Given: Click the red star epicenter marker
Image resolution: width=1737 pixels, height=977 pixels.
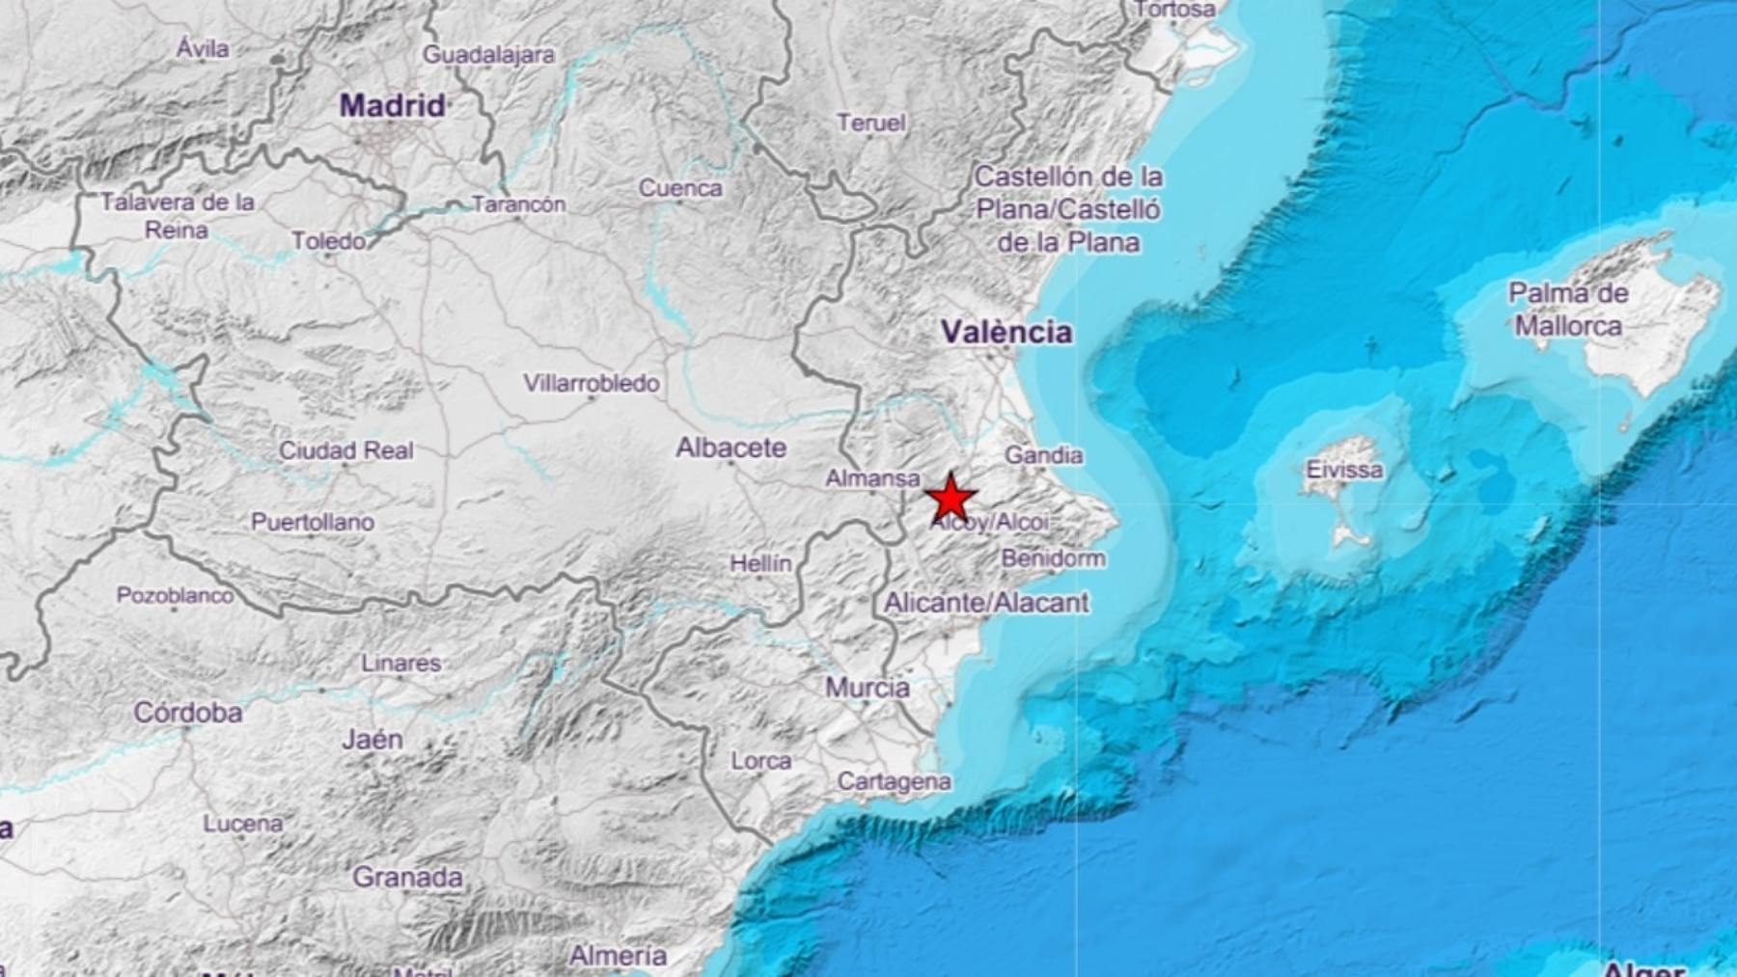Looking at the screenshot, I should (951, 499).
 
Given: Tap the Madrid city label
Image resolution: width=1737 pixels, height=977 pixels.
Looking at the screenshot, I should (392, 105).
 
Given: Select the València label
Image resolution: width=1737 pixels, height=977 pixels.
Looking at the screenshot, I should (1006, 332).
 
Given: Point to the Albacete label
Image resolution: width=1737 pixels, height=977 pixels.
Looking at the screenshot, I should (731, 448).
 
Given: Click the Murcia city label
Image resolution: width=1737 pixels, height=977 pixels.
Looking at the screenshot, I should (867, 688).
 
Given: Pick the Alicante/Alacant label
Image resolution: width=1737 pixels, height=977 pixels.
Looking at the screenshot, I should (986, 603).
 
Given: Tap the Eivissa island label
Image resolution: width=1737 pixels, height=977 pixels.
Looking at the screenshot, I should (1343, 470).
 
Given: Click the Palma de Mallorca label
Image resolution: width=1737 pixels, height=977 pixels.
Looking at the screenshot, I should (1568, 310).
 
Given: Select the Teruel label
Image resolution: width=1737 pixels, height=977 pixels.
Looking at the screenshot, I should (870, 122).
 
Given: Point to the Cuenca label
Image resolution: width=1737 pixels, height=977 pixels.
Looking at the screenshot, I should (679, 188).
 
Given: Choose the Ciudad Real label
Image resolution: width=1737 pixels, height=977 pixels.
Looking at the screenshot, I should (345, 450).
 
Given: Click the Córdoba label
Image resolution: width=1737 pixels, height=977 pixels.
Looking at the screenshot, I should (187, 713).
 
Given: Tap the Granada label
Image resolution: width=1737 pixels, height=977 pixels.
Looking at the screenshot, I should (406, 878).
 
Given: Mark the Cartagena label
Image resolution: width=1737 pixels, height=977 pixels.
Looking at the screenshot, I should (894, 781).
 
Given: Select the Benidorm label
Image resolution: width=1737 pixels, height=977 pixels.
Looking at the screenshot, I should (1053, 558).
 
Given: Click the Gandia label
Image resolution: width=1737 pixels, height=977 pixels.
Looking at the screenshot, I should (1043, 454).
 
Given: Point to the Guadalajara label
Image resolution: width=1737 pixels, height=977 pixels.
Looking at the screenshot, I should (488, 55).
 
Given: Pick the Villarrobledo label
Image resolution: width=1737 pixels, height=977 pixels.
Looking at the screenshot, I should (592, 383).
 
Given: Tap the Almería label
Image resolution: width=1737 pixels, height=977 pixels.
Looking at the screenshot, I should (618, 956).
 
